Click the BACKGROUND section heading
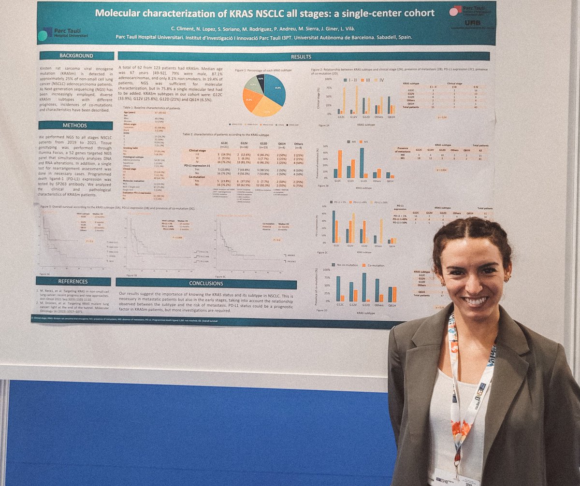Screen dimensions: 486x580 [76, 56]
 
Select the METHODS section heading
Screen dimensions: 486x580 [76, 126]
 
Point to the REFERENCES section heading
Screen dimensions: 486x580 [73, 281]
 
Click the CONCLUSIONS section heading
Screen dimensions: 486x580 [206, 284]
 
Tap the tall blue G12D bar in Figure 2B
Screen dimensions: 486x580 [362, 162]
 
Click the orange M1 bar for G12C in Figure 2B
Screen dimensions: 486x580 [340, 164]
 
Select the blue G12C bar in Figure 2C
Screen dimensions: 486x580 [333, 227]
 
